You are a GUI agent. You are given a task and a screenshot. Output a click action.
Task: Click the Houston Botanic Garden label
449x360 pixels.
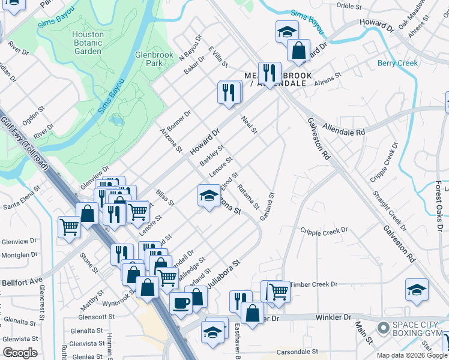tap(88, 43)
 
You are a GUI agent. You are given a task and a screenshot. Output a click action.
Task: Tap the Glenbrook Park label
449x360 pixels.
tap(149, 58)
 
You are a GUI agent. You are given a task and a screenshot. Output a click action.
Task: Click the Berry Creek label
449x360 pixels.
tap(397, 64)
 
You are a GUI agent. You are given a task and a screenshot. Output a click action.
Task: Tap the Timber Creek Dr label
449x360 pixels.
tap(310, 284)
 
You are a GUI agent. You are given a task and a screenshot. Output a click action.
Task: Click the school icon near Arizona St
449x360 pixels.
tap(208, 196)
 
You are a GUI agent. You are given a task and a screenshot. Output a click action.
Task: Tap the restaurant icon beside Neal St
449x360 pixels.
tap(229, 92)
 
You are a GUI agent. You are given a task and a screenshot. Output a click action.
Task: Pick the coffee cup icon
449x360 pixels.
tap(181, 302)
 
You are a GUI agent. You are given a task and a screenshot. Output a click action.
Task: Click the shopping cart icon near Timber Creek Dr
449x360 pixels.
tap(278, 292)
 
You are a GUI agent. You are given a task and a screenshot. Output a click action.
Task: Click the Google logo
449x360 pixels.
tap(20, 352)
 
